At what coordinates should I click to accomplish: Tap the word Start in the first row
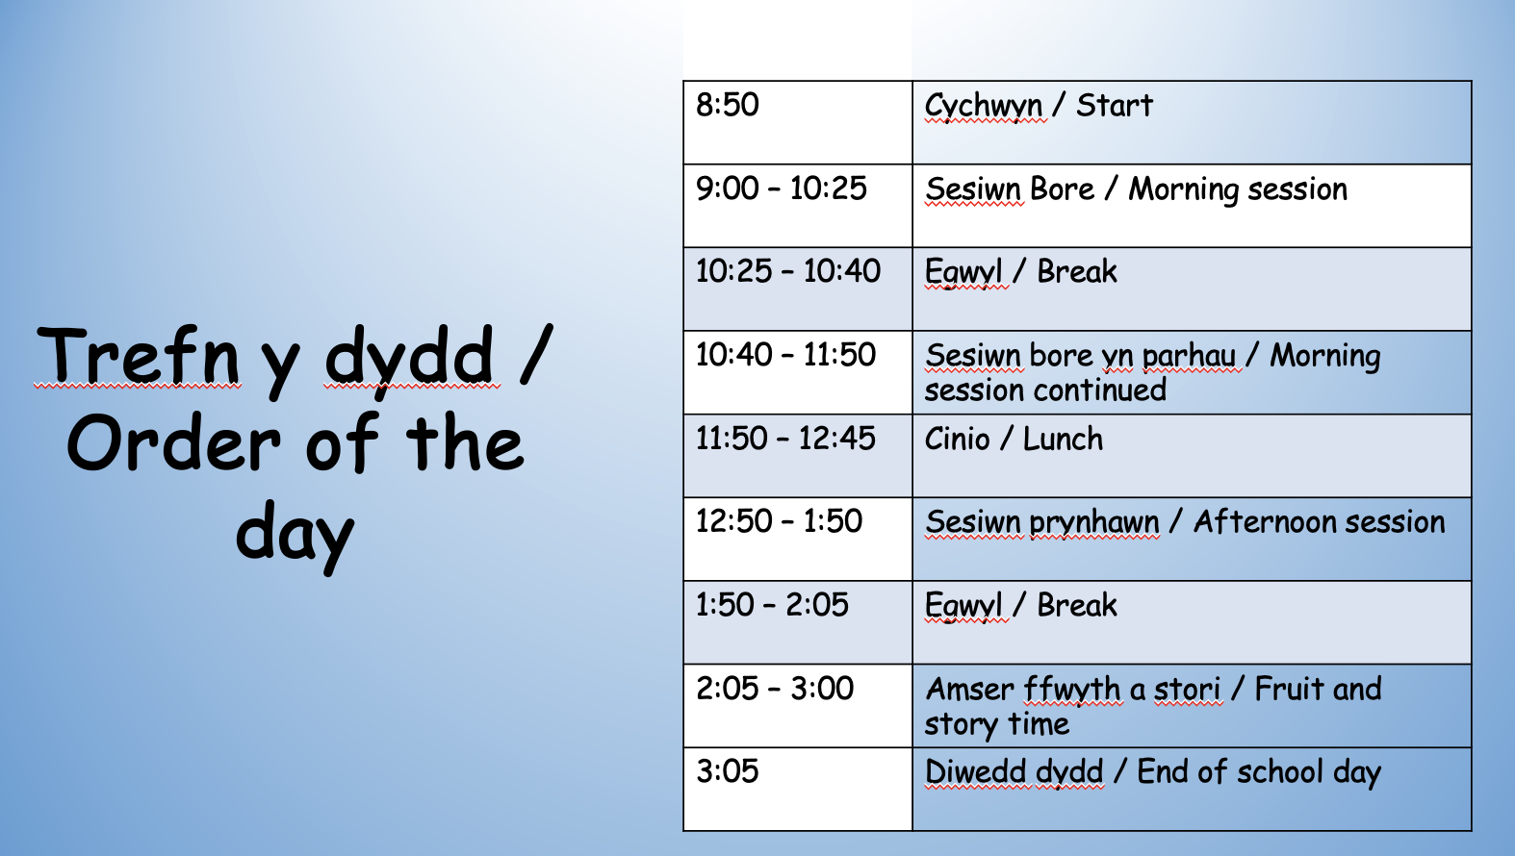point(1114,106)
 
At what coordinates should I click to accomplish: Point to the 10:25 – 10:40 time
point(788,271)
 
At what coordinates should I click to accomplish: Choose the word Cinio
point(957,440)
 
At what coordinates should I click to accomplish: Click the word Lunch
point(1063,440)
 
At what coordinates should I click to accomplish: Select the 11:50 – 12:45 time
point(785,439)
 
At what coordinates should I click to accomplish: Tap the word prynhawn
point(1094,523)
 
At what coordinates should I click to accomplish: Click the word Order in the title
point(174,443)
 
